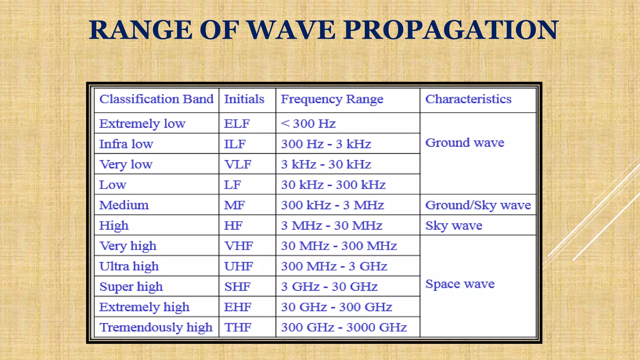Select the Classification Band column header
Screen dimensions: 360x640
[x=156, y=99]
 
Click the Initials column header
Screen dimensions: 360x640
[x=244, y=99]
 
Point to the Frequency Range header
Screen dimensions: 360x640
[x=332, y=99]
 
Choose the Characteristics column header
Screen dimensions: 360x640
[x=468, y=99]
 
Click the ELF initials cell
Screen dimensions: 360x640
[x=237, y=124]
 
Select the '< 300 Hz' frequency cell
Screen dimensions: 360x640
[x=308, y=124]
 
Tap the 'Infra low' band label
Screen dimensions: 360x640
[x=126, y=144]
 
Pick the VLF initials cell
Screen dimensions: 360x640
[x=238, y=164]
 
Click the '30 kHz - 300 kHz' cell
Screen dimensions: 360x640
[x=333, y=185]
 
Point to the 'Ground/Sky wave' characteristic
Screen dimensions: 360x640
[x=478, y=205]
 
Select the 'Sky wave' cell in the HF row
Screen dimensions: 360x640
[x=454, y=226]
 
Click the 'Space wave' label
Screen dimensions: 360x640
[x=460, y=284]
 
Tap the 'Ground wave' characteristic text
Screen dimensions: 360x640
[x=465, y=143]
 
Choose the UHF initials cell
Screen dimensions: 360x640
[x=238, y=266]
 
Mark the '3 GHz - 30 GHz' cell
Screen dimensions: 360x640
[x=329, y=287]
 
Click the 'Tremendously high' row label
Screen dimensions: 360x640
[x=156, y=327]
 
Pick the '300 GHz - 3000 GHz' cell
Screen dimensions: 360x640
[x=344, y=327]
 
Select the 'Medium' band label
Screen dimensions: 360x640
[x=124, y=205]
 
